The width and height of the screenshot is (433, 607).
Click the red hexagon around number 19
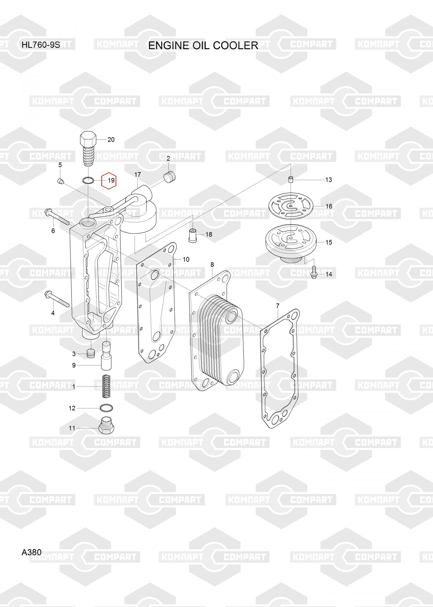coord(109,181)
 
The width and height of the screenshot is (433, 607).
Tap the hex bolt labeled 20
coord(88,148)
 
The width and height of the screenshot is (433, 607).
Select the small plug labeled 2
coord(170,177)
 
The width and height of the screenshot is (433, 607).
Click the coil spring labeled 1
coord(106,386)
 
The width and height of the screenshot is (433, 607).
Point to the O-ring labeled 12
coord(106,408)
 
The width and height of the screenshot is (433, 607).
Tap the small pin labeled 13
coord(290,179)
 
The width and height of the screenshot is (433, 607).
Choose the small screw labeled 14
coord(314,272)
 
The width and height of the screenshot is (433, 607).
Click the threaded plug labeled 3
coord(91,354)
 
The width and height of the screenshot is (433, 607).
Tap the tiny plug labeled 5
coord(60,181)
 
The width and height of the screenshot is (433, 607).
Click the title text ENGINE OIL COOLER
coord(203,46)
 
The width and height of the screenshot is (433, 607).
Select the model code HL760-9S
coord(41,45)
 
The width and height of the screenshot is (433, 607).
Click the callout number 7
coord(277,306)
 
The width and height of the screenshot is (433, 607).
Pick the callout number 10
coord(186,259)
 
